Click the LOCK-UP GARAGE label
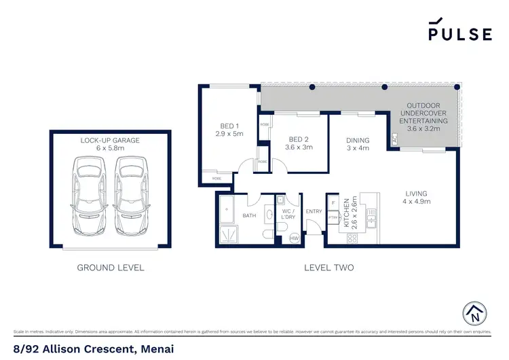(110, 144)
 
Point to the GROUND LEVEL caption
(110, 268)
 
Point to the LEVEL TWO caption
(329, 268)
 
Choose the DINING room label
(358, 143)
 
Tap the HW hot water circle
(295, 238)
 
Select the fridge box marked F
(333, 202)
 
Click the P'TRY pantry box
(333, 217)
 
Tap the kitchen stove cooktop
(352, 238)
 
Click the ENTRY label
(314, 212)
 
